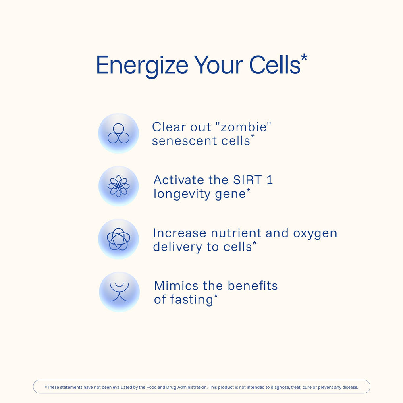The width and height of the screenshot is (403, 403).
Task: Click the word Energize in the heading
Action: [x=142, y=66]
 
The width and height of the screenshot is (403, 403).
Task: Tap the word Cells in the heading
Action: [x=275, y=65]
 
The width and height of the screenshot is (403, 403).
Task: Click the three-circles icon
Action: [x=118, y=133]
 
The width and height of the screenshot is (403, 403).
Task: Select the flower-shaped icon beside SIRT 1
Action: [x=118, y=186]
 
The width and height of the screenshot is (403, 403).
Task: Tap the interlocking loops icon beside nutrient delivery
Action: [x=118, y=239]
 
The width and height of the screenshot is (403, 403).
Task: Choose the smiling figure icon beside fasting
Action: [x=119, y=292]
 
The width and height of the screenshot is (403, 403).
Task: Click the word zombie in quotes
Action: [x=243, y=127]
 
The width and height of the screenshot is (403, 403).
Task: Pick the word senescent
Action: [x=185, y=141]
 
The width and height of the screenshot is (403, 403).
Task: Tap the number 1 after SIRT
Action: [x=270, y=180]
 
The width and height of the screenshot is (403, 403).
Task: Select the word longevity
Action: [x=182, y=194]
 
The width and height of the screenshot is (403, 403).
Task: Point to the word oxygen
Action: [x=315, y=234]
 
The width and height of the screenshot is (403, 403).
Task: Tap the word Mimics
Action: [x=176, y=286]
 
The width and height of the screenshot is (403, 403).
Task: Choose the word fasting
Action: [x=183, y=300]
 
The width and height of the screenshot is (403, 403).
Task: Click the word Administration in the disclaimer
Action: [x=192, y=387]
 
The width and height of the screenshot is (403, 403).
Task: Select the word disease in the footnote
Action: [x=351, y=387]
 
